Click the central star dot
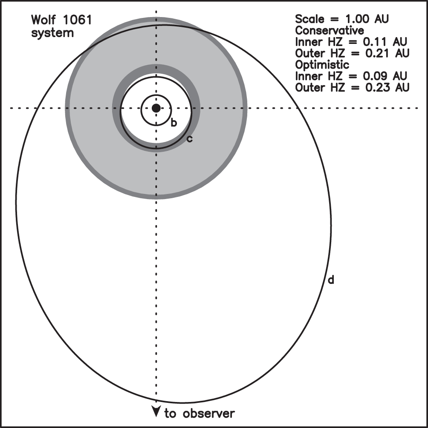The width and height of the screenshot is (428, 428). (x=156, y=108)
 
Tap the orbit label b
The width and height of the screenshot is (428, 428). (x=174, y=123)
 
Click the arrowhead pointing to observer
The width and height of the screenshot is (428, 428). (x=156, y=411)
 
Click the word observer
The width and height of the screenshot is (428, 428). (x=209, y=413)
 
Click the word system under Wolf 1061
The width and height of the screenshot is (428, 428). (x=52, y=32)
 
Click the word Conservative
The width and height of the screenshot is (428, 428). (x=330, y=31)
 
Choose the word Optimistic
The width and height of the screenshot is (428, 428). (x=322, y=65)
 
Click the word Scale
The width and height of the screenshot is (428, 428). (x=309, y=19)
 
